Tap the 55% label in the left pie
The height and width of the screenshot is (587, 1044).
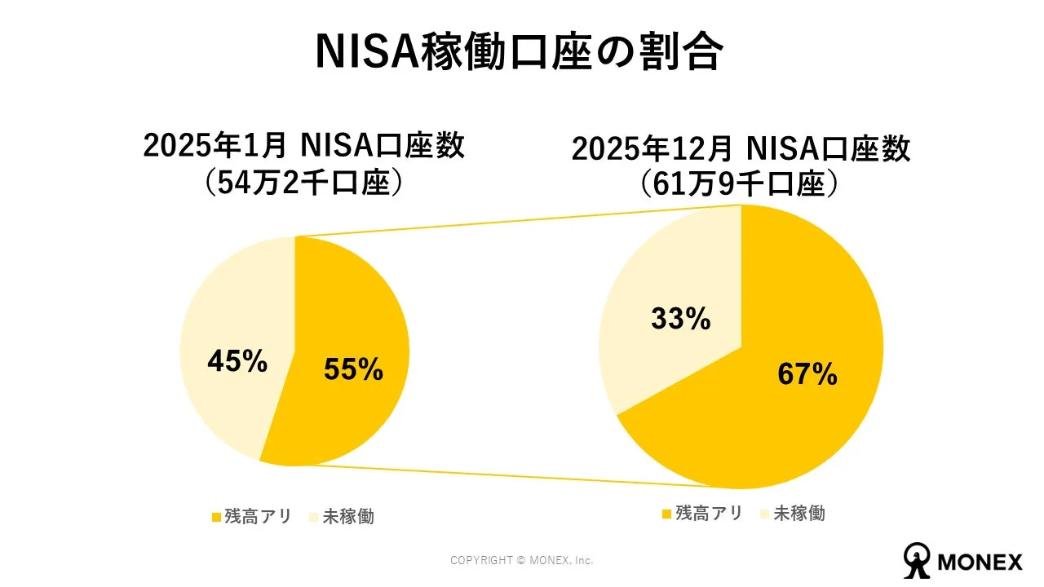point(353,369)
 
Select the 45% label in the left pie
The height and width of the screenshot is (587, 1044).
point(237,361)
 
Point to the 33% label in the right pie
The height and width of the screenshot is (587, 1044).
point(680,319)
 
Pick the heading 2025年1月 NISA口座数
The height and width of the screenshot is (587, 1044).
point(303,147)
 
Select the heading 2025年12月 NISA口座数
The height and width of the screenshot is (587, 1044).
point(741,150)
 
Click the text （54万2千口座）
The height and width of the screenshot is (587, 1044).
point(303,184)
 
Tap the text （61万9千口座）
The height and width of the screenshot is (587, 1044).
point(741,185)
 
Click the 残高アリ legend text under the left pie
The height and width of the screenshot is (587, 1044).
point(258,517)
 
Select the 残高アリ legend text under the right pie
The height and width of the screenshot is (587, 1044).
point(709,514)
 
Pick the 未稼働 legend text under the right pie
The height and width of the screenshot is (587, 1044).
point(798,514)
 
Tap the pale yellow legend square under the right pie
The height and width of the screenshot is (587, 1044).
point(764,514)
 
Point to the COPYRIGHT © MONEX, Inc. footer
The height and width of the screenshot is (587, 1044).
point(521,561)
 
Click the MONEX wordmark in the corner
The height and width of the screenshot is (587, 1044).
point(980,562)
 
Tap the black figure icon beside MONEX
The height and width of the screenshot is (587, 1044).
point(917,558)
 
